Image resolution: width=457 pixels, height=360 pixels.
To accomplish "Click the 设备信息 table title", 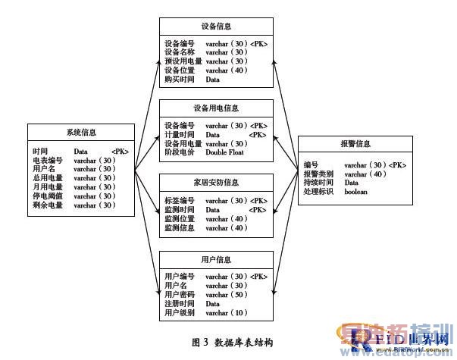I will [216, 26].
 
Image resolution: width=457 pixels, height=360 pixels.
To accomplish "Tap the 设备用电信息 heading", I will [216, 107].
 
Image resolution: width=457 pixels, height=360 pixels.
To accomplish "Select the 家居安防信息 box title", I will [216, 182].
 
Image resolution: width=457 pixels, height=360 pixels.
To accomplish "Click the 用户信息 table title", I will [216, 259].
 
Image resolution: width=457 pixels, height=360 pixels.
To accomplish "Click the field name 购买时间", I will [180, 80].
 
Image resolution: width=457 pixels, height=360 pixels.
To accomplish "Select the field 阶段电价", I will [180, 152].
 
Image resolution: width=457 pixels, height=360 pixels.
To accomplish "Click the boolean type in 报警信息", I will [356, 192].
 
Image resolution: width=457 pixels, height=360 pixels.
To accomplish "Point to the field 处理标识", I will [318, 192].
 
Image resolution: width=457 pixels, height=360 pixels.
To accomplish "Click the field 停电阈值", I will [48, 196].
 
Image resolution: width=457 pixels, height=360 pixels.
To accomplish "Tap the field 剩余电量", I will [48, 205].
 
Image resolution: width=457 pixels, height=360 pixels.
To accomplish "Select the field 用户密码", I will [180, 294].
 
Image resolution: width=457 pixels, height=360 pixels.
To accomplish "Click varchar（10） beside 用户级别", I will [227, 312].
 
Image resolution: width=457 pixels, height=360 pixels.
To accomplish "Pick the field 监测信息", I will [180, 227].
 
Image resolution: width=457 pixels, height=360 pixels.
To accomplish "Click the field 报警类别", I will [318, 174].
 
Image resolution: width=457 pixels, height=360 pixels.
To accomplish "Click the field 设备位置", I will [180, 70].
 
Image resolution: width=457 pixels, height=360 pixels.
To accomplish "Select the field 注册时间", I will [180, 303].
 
